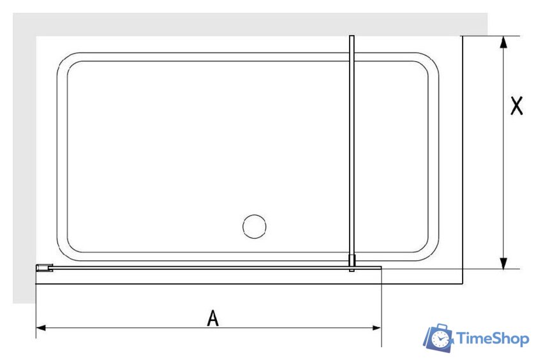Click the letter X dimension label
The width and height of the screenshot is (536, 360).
tap(516, 106)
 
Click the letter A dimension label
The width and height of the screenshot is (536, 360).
tap(212, 317)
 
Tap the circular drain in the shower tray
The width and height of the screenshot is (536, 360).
tap(256, 227)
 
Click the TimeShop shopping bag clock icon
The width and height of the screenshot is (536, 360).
tap(440, 339)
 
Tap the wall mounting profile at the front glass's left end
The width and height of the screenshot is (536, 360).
tap(43, 268)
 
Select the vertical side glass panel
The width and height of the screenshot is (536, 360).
tap(351, 147)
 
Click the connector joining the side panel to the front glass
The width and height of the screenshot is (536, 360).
tap(352, 263)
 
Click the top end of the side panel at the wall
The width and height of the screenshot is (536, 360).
tap(351, 38)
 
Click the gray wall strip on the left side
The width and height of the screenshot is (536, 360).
tap(24, 160)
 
